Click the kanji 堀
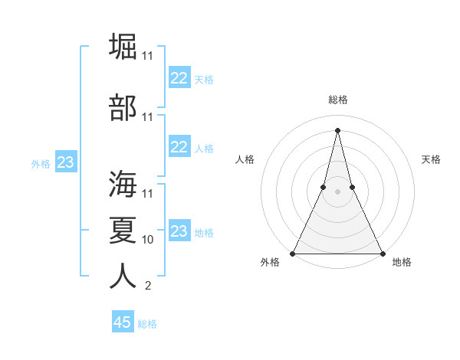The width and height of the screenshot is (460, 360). click(x=123, y=46)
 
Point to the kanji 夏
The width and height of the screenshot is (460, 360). click(x=123, y=229)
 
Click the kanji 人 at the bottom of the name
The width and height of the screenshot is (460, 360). click(x=123, y=276)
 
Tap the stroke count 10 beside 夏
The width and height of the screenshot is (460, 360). click(x=148, y=240)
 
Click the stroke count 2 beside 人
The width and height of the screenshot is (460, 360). click(x=148, y=286)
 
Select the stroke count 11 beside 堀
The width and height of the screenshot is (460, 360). click(x=148, y=57)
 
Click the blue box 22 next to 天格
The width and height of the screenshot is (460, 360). click(x=179, y=77)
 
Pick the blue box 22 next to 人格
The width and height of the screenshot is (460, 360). click(x=179, y=147)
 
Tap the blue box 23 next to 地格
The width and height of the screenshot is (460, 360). click(x=179, y=231)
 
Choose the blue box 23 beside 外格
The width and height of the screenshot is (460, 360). click(x=65, y=162)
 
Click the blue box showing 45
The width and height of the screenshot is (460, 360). click(x=123, y=322)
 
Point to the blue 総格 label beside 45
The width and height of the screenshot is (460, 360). click(x=147, y=324)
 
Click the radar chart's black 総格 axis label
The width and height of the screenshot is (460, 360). click(x=337, y=100)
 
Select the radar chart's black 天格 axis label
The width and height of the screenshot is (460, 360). click(x=431, y=159)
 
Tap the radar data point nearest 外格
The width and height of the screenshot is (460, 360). click(x=293, y=254)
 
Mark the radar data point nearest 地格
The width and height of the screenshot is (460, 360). click(x=382, y=254)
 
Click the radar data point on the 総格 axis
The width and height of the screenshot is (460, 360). click(x=337, y=129)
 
